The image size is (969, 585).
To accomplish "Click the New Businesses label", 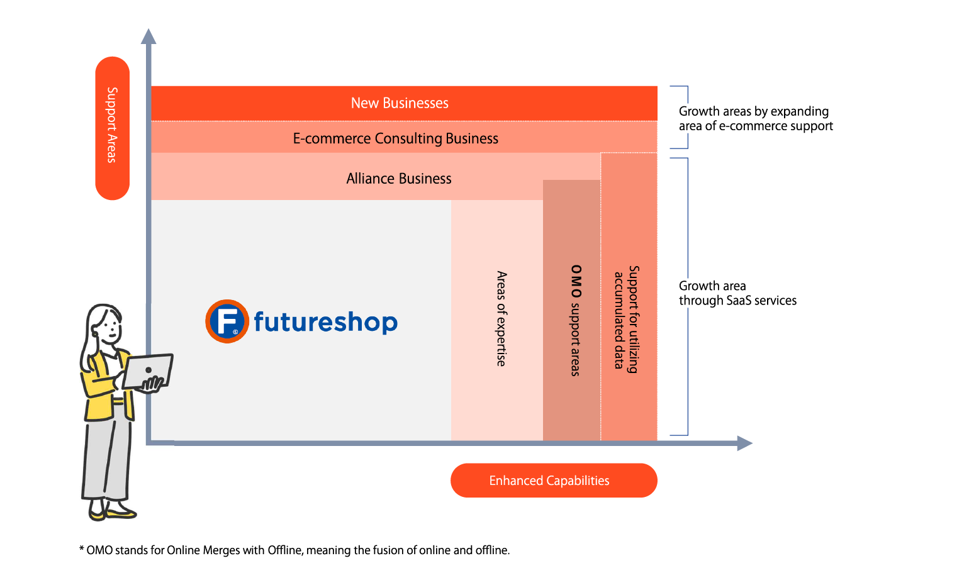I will (x=400, y=103).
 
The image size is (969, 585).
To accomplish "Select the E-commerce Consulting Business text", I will (x=395, y=138).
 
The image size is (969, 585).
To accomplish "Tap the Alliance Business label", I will (x=399, y=179).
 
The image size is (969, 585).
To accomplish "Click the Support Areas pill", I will (x=112, y=128).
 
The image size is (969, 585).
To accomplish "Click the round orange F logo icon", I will (x=227, y=321).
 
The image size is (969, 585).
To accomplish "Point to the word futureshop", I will (x=325, y=321).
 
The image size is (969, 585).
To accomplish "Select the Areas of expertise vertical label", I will (x=501, y=318).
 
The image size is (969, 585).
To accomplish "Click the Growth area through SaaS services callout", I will (x=745, y=293).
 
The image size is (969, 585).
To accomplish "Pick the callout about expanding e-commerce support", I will (x=768, y=118).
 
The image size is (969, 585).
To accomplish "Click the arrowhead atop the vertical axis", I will (x=148, y=36).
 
